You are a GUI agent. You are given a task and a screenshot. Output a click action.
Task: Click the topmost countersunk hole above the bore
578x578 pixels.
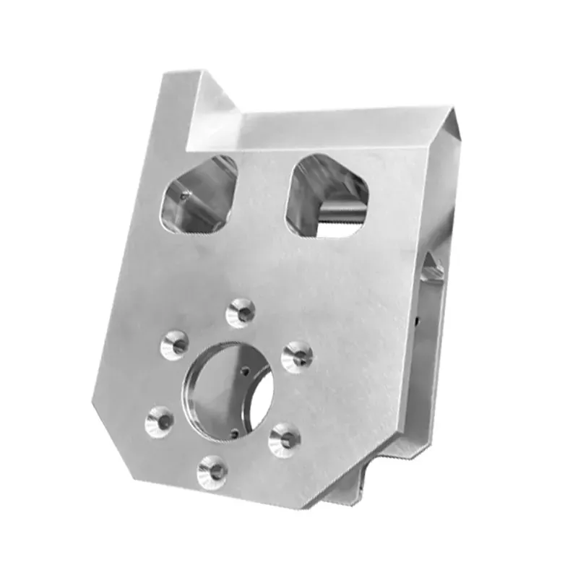[x=241, y=312]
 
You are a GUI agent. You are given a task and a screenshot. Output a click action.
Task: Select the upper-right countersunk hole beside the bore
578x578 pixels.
[x=297, y=356]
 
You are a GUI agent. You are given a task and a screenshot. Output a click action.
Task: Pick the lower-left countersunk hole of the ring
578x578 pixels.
[x=160, y=420]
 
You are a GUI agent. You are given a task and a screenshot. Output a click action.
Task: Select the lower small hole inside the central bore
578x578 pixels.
[x=236, y=433]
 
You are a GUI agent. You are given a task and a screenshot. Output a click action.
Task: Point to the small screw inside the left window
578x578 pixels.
[x=186, y=194]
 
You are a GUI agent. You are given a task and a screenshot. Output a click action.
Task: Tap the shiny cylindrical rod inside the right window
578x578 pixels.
[x=340, y=211]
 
